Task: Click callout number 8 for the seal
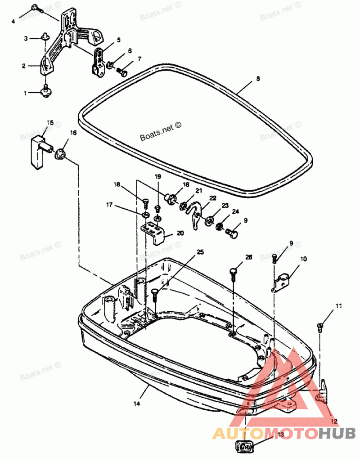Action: pyautogui.click(x=257, y=78)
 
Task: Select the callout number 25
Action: pyautogui.click(x=200, y=251)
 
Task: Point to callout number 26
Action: pyautogui.click(x=249, y=257)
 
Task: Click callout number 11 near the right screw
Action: pyautogui.click(x=338, y=306)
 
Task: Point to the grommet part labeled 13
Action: pyautogui.click(x=244, y=447)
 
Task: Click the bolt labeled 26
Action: pyautogui.click(x=233, y=272)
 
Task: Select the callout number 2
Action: pyautogui.click(x=23, y=66)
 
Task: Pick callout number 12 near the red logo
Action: pyautogui.click(x=333, y=422)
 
